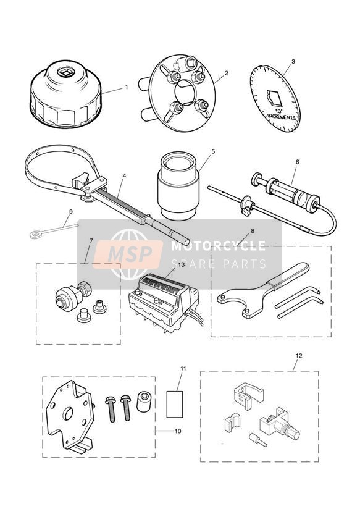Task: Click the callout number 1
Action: pos(127,87)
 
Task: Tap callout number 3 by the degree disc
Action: pos(293,61)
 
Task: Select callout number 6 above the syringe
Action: pos(298,162)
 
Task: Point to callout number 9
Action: pos(71,212)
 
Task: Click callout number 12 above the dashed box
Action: pos(299,356)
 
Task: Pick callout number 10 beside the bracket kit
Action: pos(178,431)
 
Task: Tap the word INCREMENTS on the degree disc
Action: pos(282,116)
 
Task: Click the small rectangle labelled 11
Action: pos(175,404)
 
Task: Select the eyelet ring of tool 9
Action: pos(33,234)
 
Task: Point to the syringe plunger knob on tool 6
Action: pos(257,178)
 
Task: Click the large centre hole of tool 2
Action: pos(185,93)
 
